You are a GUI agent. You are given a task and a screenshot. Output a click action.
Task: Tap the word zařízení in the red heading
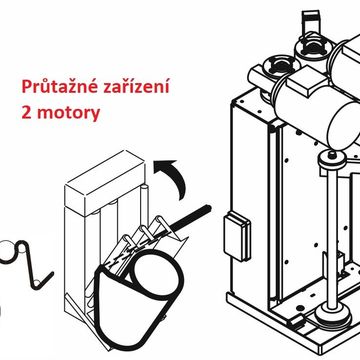pyautogui.click(x=137, y=87)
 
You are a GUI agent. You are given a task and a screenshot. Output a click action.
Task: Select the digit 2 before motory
pyautogui.click(x=26, y=113)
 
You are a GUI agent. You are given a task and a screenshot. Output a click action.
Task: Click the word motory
pyautogui.click(x=68, y=114)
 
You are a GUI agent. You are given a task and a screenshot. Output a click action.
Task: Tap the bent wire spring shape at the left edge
pyautogui.click(x=27, y=263)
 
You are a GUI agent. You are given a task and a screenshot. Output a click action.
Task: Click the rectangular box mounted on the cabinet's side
pyautogui.click(x=237, y=236)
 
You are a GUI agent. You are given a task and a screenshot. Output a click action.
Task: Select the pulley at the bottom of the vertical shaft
pyautogui.click(x=331, y=315)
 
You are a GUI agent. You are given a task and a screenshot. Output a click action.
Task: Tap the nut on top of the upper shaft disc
pyautogui.click(x=331, y=155)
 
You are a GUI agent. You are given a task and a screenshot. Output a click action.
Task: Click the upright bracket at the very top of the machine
pyautogui.click(x=311, y=21)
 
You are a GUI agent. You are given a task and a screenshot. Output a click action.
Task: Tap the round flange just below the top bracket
pyautogui.click(x=313, y=46)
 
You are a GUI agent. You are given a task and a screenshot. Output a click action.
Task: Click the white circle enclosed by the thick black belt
pyautogui.click(x=154, y=273)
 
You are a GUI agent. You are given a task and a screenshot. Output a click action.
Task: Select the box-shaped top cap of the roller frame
pyautogui.click(x=105, y=182)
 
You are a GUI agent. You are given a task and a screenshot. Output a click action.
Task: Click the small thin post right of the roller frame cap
pyautogui.click(x=144, y=202)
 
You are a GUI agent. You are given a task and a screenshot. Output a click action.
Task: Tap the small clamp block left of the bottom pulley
pyautogui.click(x=298, y=321)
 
